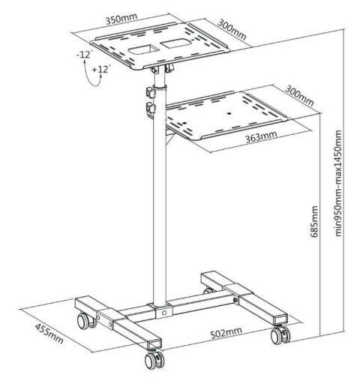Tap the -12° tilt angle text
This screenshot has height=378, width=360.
(x=83, y=55)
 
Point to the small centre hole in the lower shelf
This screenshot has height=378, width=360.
(x=226, y=112)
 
